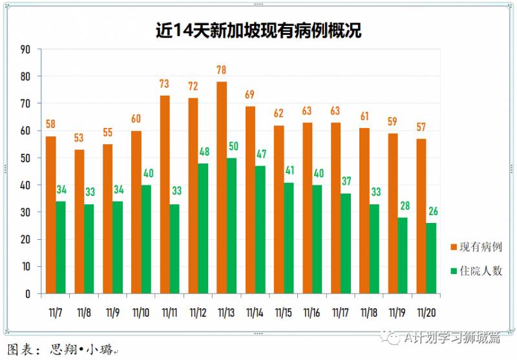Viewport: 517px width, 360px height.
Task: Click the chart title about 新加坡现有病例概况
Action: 258,30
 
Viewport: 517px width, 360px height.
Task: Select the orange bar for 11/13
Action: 222,187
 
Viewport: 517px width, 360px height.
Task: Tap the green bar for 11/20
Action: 431,258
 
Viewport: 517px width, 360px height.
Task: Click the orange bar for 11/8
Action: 79,221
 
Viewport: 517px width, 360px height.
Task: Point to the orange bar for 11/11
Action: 165,194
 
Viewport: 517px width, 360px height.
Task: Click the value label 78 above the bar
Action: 222,70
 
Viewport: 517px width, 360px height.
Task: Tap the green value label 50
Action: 233,146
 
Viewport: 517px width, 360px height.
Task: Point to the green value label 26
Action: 432,211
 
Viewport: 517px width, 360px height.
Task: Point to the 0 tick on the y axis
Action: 28,293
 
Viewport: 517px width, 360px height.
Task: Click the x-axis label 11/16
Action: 311,312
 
